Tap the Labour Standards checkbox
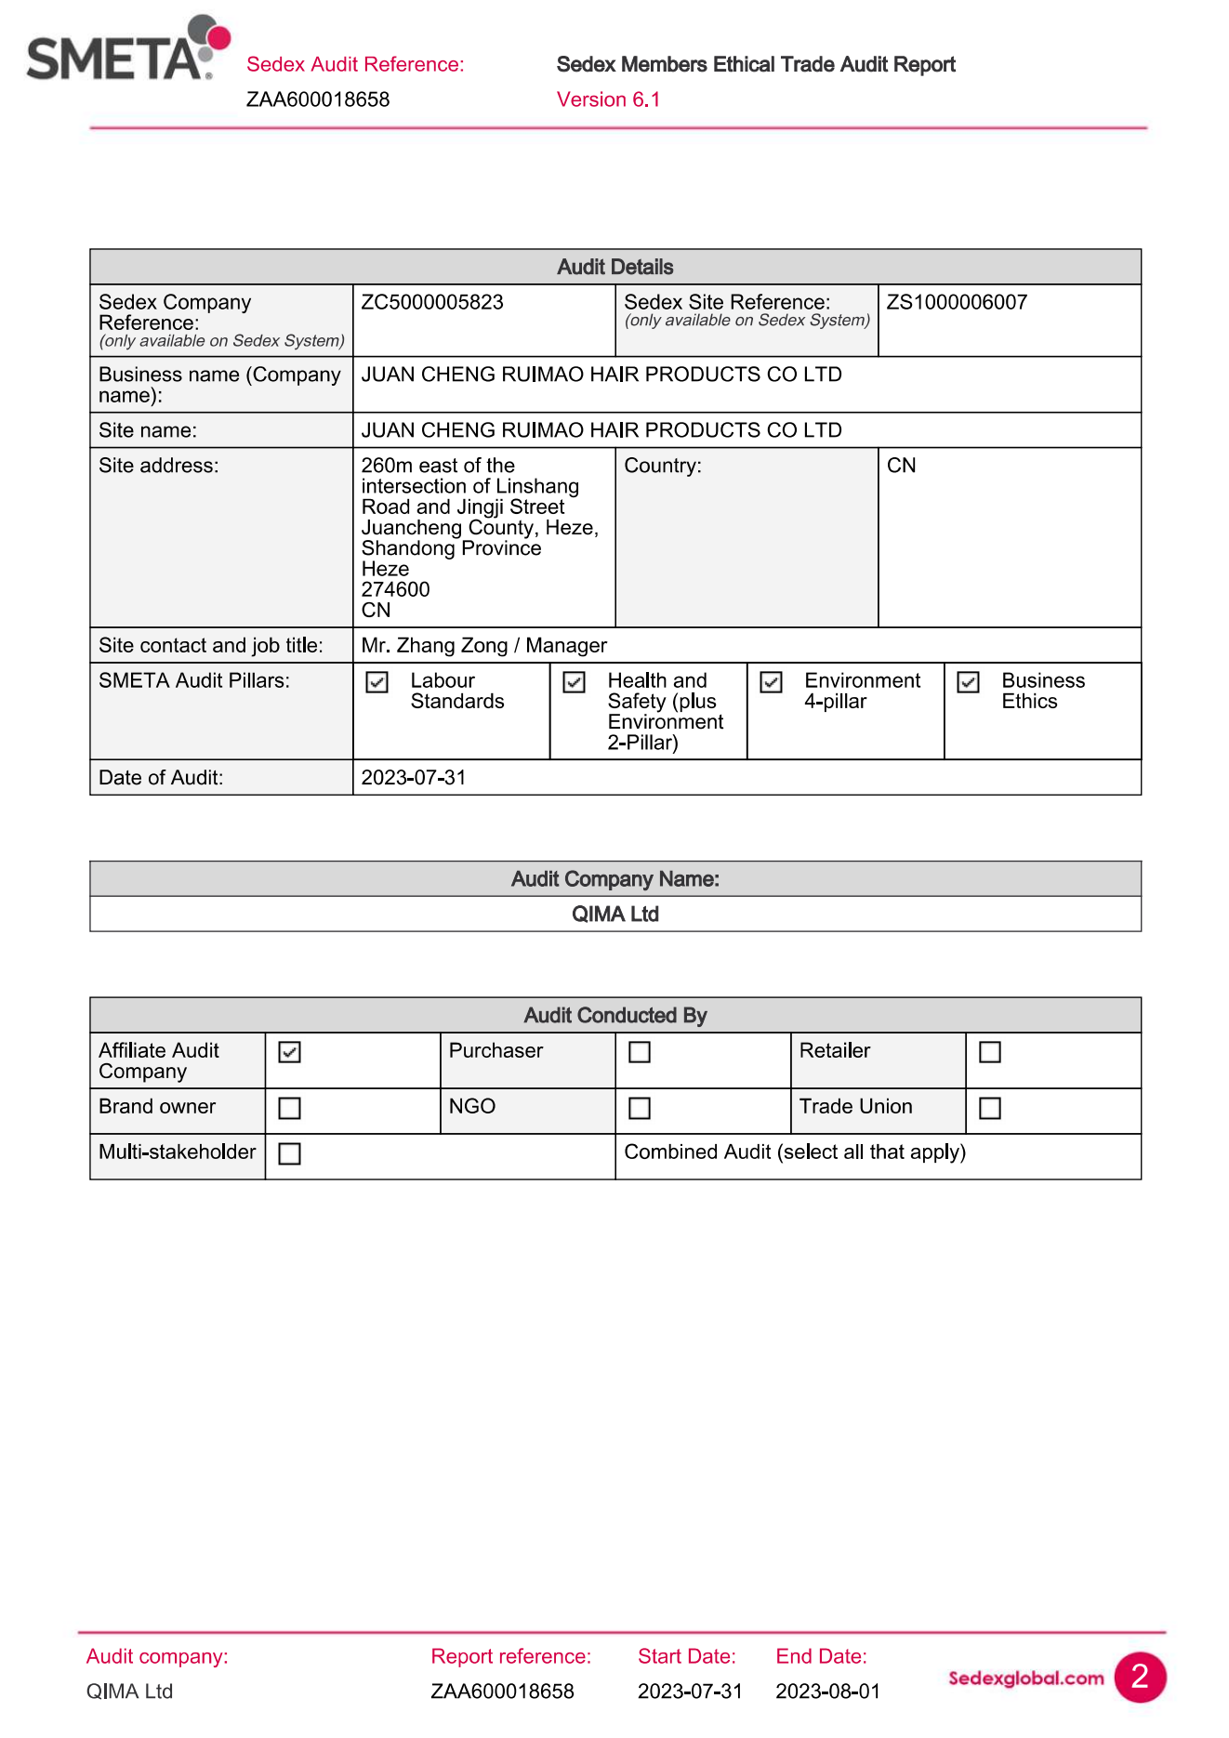(x=377, y=682)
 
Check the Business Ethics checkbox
(x=969, y=682)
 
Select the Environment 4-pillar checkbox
(x=772, y=682)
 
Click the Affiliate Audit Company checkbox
(x=290, y=1052)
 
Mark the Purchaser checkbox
(x=640, y=1052)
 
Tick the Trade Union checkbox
(x=990, y=1108)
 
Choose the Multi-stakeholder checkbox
(x=290, y=1153)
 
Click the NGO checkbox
(x=640, y=1108)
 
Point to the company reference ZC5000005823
(x=432, y=302)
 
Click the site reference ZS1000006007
(x=957, y=302)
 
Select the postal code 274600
(x=395, y=589)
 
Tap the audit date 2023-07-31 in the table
(x=414, y=777)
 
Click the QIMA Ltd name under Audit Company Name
(x=614, y=915)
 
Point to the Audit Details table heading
(x=614, y=267)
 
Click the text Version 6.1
(x=608, y=99)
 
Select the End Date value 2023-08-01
(x=827, y=1692)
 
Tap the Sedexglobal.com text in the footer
(x=1025, y=1678)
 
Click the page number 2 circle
(x=1140, y=1677)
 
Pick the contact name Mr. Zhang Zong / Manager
(x=483, y=645)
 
